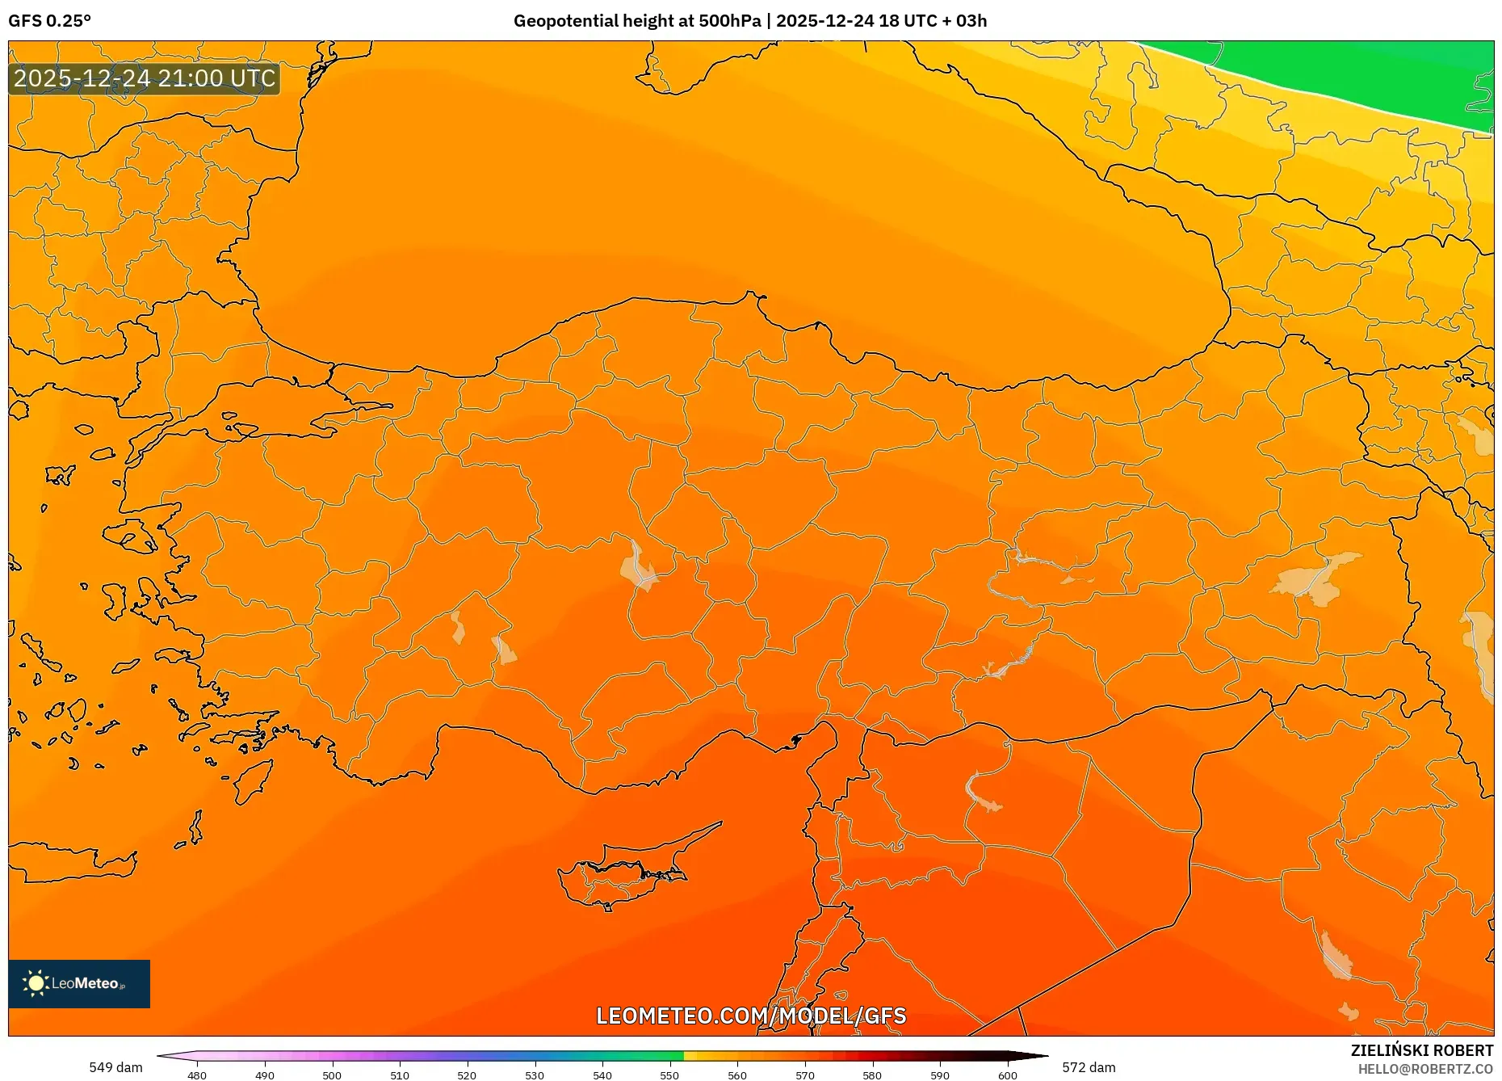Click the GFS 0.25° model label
[x=50, y=21]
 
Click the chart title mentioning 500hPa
[x=749, y=21]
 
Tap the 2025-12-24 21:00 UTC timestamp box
[x=145, y=78]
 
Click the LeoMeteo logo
[x=79, y=983]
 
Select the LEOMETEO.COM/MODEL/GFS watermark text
[x=751, y=1016]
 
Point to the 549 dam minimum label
[x=115, y=1067]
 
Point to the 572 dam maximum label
[x=1089, y=1067]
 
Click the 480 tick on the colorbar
[x=197, y=1075]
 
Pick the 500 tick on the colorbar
[x=332, y=1075]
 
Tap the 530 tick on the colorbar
[x=535, y=1075]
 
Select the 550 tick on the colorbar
[x=669, y=1075]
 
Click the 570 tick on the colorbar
[x=805, y=1075]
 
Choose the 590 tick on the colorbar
[x=940, y=1075]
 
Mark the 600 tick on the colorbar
[x=1008, y=1075]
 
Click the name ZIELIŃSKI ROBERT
[x=1421, y=1050]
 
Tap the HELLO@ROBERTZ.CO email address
[x=1425, y=1069]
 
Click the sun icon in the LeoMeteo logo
[x=36, y=983]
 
